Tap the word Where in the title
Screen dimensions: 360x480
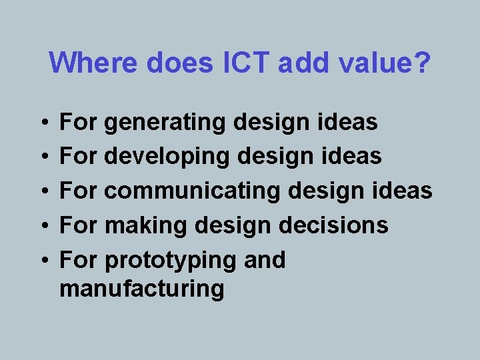[x=93, y=63]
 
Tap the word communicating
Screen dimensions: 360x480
[x=193, y=191]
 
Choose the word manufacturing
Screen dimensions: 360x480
[x=141, y=289]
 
